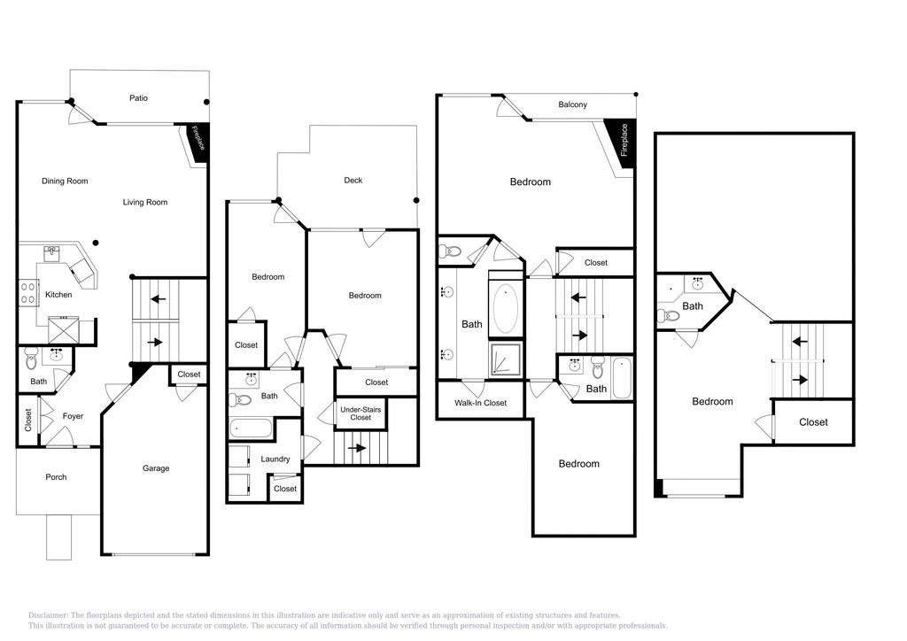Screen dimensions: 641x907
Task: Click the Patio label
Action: (x=138, y=97)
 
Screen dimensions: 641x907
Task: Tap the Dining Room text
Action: (x=65, y=181)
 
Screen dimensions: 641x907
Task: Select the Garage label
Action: (x=156, y=468)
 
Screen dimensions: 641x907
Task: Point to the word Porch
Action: (x=56, y=477)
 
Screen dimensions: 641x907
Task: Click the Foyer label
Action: (x=73, y=416)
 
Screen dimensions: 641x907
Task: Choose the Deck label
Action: (x=353, y=180)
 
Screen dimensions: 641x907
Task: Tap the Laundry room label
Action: (x=275, y=459)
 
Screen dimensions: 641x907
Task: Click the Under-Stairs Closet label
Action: (x=360, y=413)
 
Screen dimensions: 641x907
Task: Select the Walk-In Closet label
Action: (x=480, y=403)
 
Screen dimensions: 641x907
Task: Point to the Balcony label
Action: (x=572, y=104)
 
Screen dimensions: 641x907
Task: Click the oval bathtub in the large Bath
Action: (x=506, y=307)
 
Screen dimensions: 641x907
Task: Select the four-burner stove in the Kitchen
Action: (x=27, y=294)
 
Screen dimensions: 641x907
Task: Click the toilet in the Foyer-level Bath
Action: (x=32, y=359)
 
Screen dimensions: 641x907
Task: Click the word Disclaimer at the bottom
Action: (x=48, y=615)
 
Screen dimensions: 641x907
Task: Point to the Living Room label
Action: (x=145, y=202)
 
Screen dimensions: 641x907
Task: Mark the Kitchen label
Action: (x=58, y=294)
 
